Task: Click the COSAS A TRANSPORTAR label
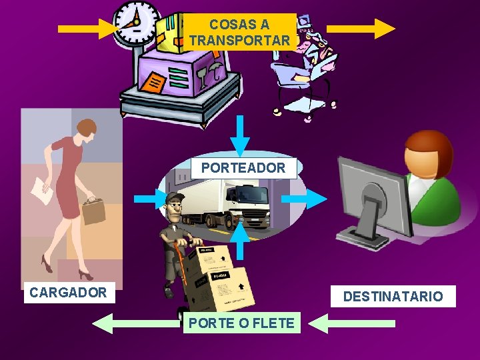click(239, 33)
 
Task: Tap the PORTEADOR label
click(243, 168)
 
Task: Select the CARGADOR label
click(69, 292)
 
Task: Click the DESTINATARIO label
click(393, 296)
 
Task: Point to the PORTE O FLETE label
click(241, 323)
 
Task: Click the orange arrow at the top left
click(87, 28)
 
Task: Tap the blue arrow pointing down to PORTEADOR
click(241, 137)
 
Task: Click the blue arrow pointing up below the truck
click(241, 241)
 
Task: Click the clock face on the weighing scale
click(136, 21)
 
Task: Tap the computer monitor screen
click(374, 196)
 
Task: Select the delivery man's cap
click(174, 197)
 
